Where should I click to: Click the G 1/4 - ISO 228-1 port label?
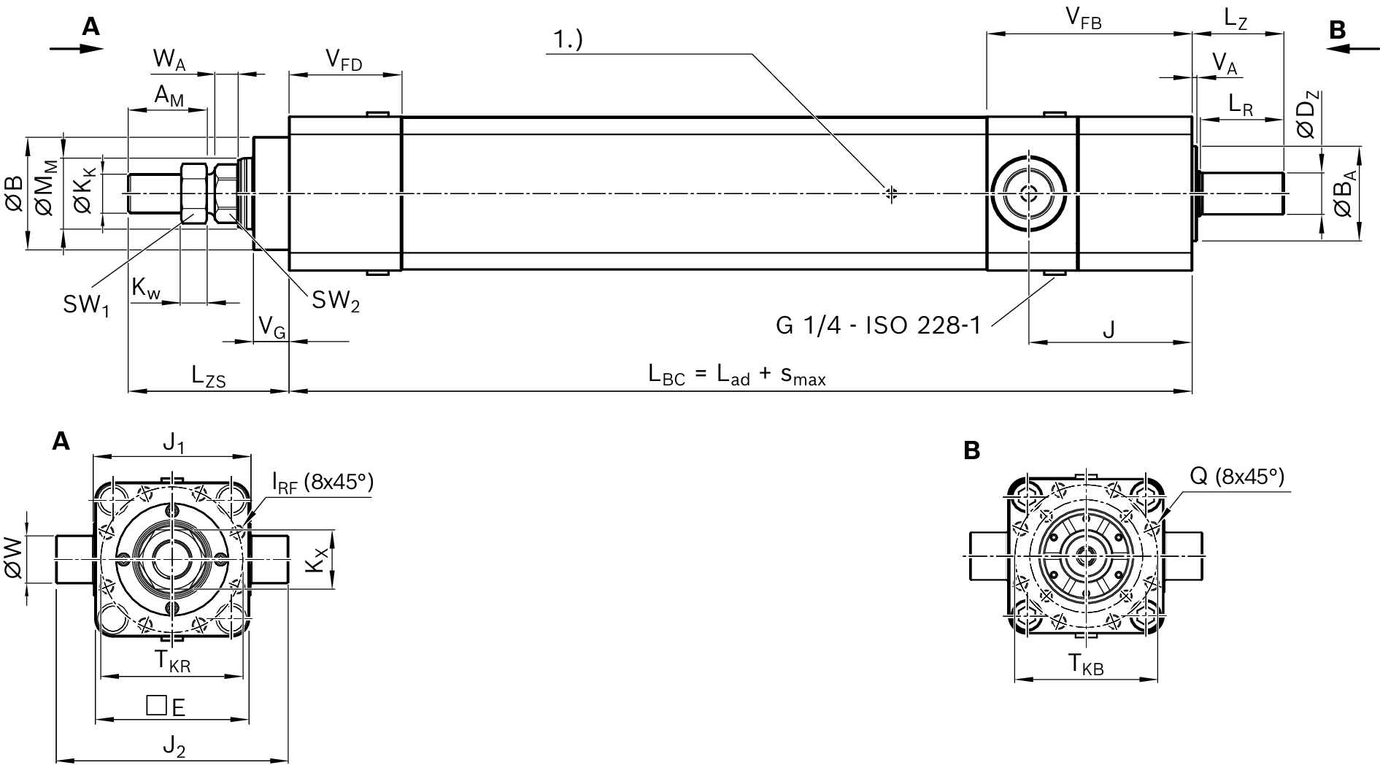tap(878, 325)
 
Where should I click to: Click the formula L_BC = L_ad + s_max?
tap(736, 376)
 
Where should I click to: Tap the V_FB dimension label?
tap(1084, 19)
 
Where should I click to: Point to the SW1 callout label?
tap(85, 305)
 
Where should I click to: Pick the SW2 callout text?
tap(336, 300)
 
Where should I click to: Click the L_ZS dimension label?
tap(209, 376)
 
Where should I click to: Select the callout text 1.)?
tap(568, 40)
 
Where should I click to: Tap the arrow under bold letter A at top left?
tap(76, 48)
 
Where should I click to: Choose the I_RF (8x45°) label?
tap(322, 482)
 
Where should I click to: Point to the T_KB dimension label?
tap(1086, 665)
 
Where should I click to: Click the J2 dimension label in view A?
tap(174, 746)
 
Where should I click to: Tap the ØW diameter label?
tap(15, 558)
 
